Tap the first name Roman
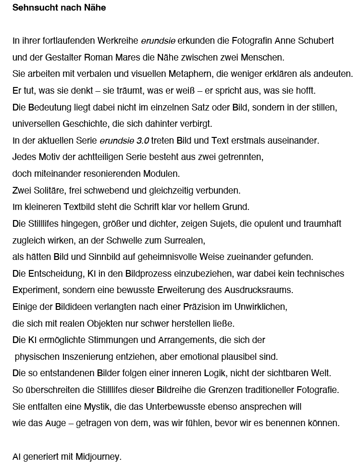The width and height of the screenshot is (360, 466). [x=99, y=58]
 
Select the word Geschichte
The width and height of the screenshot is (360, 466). [x=85, y=124]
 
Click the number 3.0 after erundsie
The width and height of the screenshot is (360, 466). [x=143, y=141]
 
